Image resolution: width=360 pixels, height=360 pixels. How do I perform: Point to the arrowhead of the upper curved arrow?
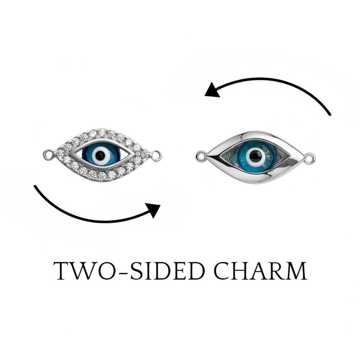[x=213, y=90]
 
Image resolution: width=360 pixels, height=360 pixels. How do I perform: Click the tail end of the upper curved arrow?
[x=329, y=114]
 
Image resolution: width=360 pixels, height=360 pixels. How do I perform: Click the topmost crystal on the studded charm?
[x=102, y=132]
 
